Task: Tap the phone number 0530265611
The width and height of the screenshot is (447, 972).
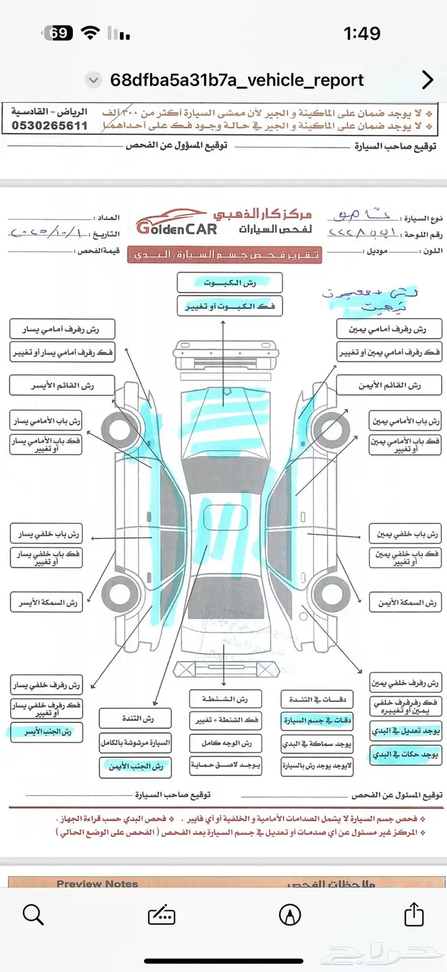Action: point(49,126)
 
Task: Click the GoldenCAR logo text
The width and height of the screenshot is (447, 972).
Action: point(176,227)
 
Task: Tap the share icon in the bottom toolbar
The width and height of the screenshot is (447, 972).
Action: point(414,914)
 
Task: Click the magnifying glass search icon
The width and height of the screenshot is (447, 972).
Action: point(33,915)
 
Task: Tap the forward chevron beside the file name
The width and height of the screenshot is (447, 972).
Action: point(427,80)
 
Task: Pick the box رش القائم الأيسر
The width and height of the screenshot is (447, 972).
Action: point(62,386)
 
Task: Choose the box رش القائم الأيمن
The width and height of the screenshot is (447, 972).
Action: point(389,386)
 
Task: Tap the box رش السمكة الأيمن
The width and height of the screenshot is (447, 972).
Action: point(405,602)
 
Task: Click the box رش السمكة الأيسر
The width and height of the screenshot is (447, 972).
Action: point(47,602)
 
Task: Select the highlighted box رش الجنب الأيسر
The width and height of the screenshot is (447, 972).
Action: point(47,731)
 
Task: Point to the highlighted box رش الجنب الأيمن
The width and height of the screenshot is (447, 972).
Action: point(135,766)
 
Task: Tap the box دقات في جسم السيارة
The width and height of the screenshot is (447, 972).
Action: point(317,721)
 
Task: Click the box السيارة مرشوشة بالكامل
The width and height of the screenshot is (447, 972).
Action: point(135,743)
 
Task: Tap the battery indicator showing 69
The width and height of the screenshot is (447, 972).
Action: point(59,33)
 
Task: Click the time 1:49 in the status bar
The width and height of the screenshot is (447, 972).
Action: point(361,33)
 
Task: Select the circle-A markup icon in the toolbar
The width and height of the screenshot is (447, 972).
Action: point(290,915)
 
